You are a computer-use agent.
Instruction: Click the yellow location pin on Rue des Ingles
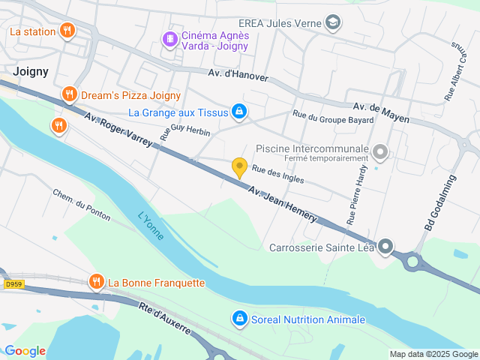(239, 168)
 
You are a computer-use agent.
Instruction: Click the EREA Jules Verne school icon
(333, 22)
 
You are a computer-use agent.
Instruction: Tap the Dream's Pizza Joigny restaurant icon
(69, 94)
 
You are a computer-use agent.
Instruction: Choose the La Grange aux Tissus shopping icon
(238, 112)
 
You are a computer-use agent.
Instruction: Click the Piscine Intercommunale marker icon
(380, 153)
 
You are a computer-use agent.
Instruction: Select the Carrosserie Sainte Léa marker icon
(385, 246)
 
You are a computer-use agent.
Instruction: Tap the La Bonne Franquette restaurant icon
(96, 283)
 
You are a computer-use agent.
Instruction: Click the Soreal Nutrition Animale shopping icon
(238, 319)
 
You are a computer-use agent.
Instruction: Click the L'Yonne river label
(151, 224)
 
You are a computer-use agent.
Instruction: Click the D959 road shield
(12, 283)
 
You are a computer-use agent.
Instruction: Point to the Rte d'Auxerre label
(164, 317)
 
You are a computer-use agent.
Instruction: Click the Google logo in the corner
(25, 350)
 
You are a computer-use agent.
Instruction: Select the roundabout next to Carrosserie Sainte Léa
(413, 262)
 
